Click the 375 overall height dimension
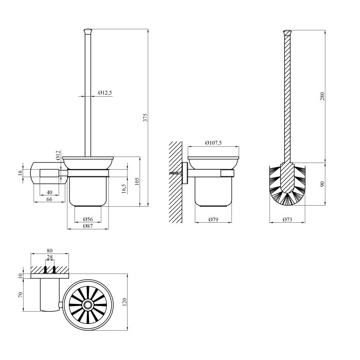(146, 117)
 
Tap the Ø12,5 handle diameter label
(105, 93)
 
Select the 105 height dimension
(137, 181)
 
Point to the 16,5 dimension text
(124, 189)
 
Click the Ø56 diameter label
(87, 219)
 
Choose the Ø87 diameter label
(88, 226)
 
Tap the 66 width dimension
(49, 199)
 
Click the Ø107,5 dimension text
(213, 143)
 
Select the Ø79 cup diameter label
(213, 220)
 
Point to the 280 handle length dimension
(322, 96)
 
